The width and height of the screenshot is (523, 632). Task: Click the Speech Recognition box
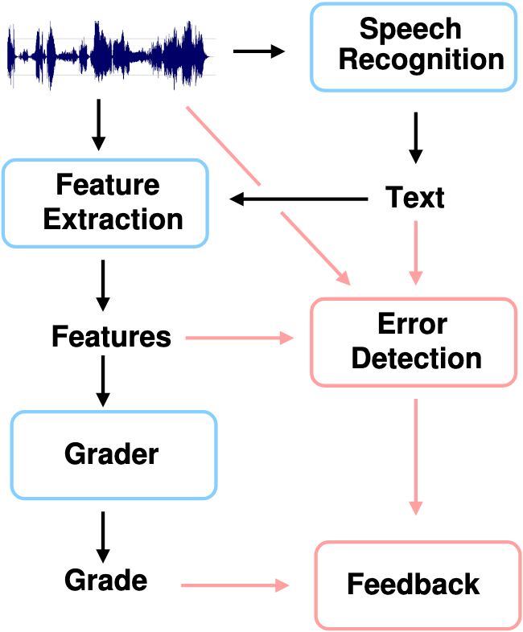coord(414,47)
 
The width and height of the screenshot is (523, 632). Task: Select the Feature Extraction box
coord(105,203)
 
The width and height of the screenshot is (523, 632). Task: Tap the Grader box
coord(113,455)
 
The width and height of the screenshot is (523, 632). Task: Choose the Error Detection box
coord(414,343)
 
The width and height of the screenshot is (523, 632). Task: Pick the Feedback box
coord(418,585)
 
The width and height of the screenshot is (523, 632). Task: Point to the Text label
coord(415,197)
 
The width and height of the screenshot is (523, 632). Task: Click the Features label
coord(111,337)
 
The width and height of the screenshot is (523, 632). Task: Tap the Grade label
coord(105,580)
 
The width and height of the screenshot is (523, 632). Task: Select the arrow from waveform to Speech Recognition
coord(259,51)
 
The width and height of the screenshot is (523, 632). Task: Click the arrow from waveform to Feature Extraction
coord(99,125)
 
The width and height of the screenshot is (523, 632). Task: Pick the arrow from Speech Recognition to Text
coord(416,137)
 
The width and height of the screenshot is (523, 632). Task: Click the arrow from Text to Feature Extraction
coord(299,199)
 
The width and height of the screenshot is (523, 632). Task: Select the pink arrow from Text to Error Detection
coord(416,252)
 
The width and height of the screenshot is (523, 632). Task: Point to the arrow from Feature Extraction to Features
coord(103,285)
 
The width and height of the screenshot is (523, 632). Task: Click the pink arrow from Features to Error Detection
coord(240,338)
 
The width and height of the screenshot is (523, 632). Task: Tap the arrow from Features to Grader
coord(103,381)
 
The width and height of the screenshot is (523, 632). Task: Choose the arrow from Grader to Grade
coord(103,537)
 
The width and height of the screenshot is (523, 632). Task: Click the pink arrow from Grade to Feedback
coord(235,585)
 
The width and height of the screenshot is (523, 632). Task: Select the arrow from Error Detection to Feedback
coord(416,457)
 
